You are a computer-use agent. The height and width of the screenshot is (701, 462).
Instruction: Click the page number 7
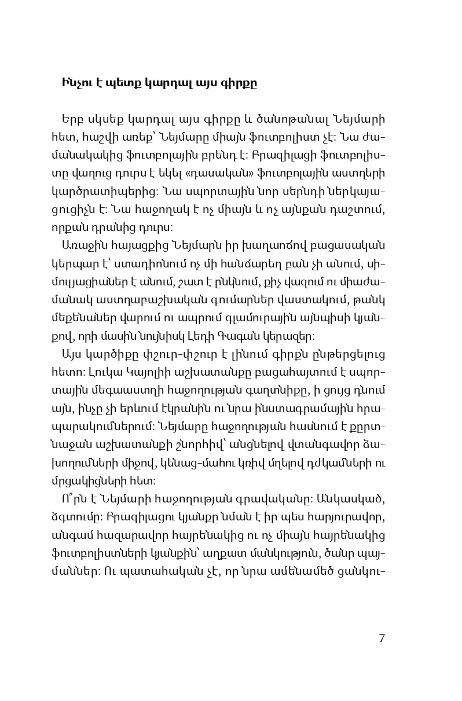[x=382, y=638]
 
